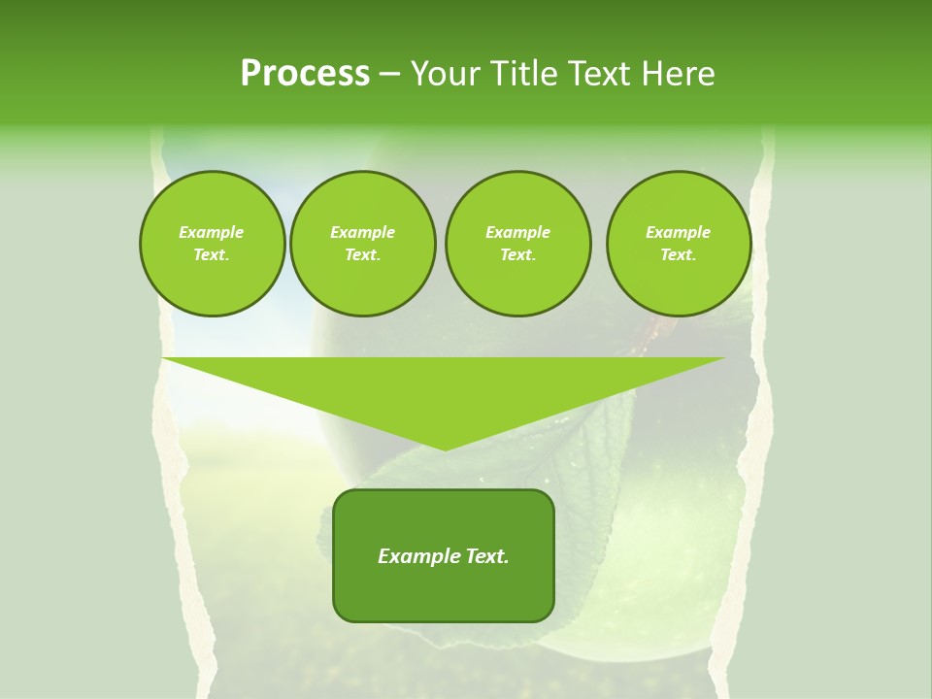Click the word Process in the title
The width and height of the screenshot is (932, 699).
[305, 74]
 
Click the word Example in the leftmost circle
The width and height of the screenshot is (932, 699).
[212, 232]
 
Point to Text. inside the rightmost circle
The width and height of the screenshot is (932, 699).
[679, 255]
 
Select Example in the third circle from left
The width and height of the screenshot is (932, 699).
[517, 232]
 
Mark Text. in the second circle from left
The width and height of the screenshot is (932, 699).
[362, 255]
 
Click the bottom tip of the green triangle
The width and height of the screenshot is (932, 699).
[445, 448]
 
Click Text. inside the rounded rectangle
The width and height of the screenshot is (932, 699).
[485, 556]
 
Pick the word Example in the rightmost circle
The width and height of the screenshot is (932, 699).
[679, 232]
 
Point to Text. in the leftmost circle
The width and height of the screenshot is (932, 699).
[212, 255]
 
